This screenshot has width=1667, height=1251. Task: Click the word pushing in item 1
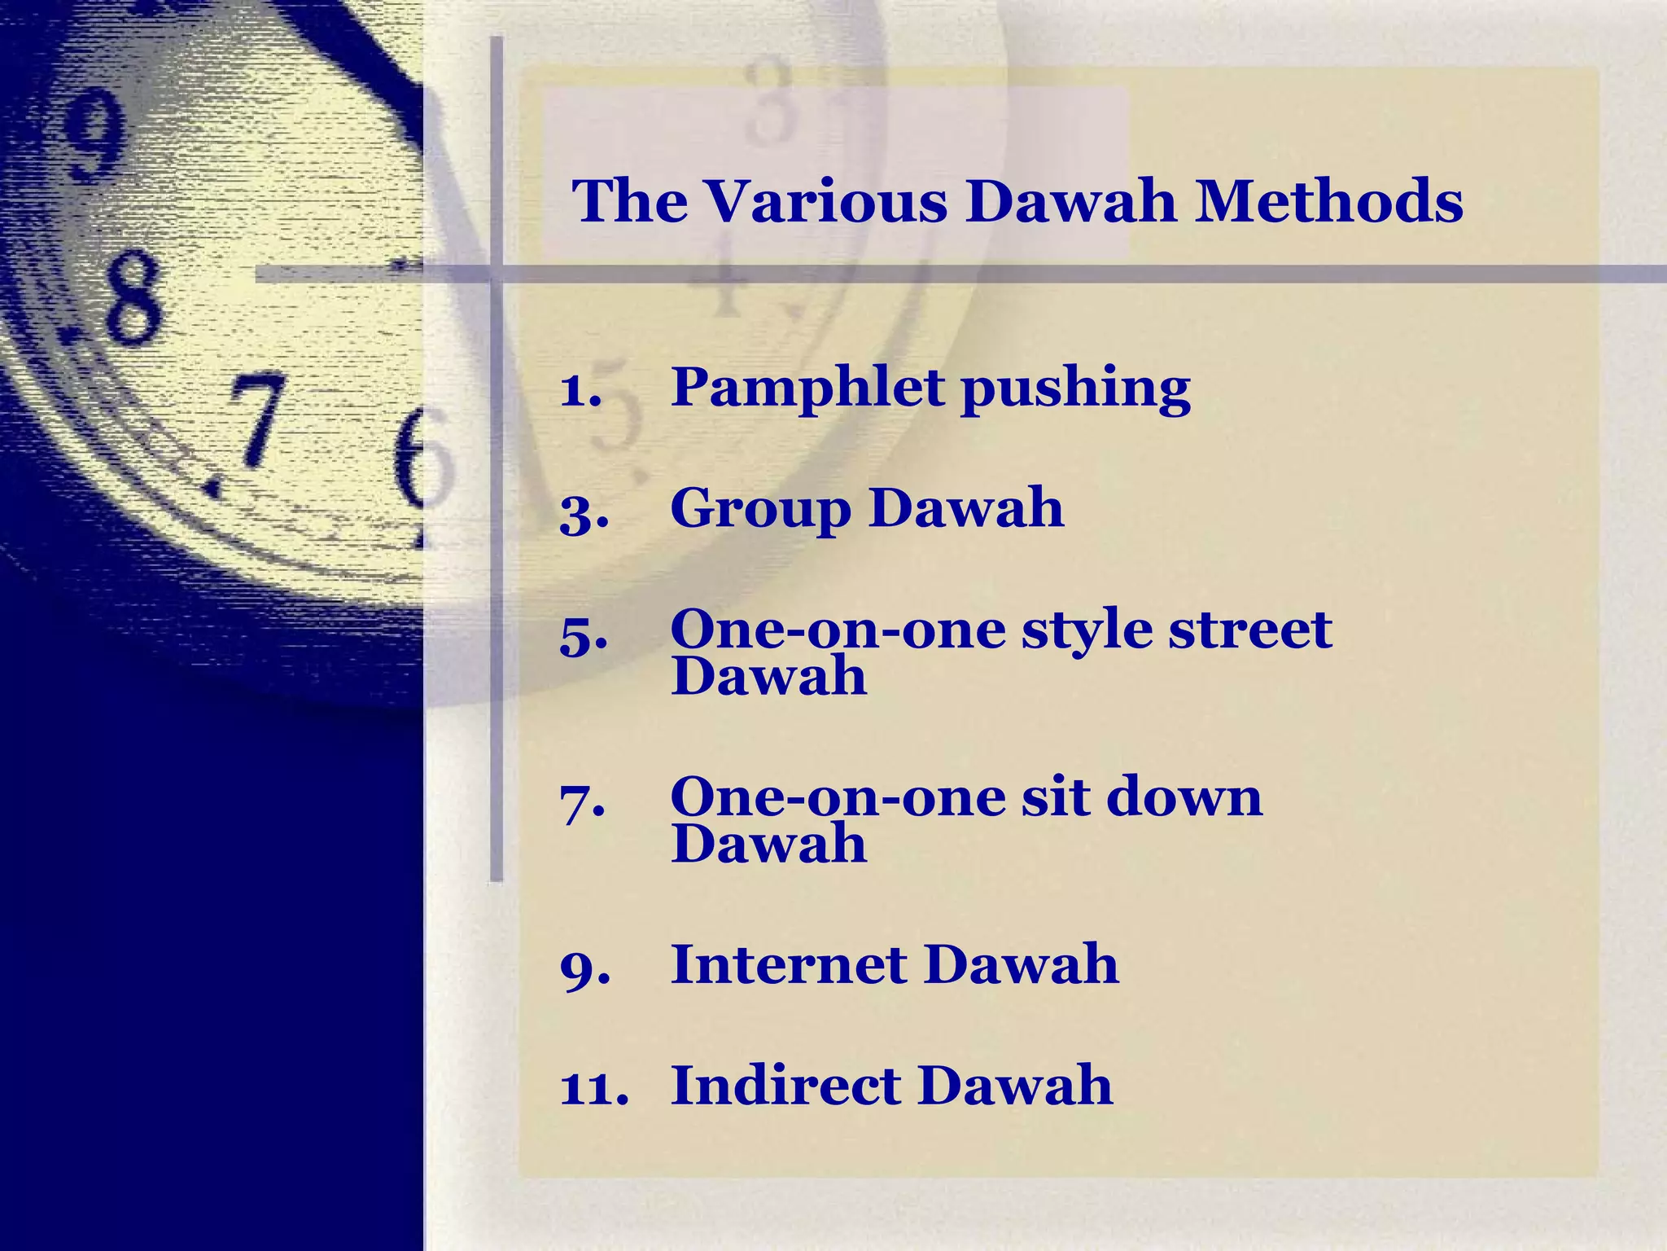coord(1075,389)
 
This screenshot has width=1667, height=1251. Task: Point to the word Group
coord(760,509)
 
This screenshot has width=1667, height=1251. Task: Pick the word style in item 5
coord(1086,631)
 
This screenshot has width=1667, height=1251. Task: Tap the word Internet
coord(788,964)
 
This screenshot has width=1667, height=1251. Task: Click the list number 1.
coord(580,391)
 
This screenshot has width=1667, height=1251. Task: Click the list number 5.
coord(584,636)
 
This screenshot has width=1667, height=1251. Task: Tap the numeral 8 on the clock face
coord(133,297)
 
